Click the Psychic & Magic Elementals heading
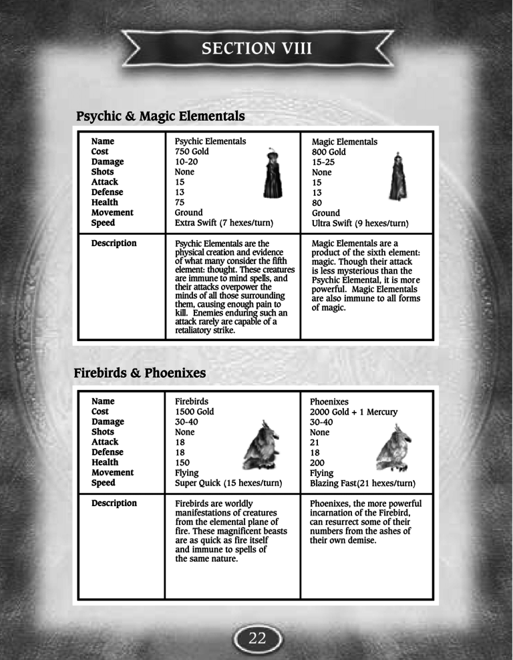pyautogui.click(x=160, y=116)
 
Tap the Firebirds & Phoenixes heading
pyautogui.click(x=140, y=372)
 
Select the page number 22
pyautogui.click(x=257, y=638)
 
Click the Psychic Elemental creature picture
pyautogui.click(x=270, y=175)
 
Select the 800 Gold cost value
pyautogui.click(x=329, y=152)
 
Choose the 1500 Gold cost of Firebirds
pyautogui.click(x=194, y=412)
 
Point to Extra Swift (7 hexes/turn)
pyautogui.click(x=224, y=223)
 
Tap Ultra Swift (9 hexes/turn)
pyautogui.click(x=360, y=223)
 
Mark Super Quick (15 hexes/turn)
pyautogui.click(x=228, y=483)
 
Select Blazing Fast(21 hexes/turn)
pyautogui.click(x=363, y=483)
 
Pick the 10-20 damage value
pyautogui.click(x=186, y=162)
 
